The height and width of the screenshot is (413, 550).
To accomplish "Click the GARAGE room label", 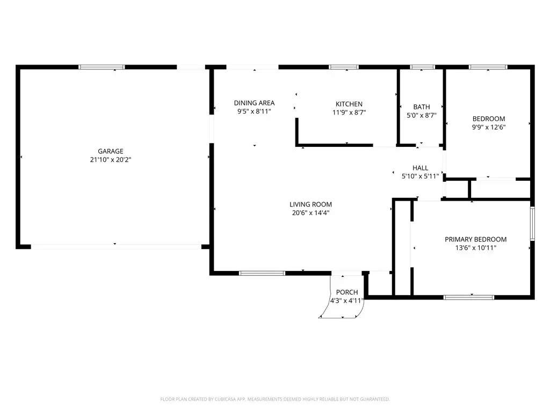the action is (x=111, y=151).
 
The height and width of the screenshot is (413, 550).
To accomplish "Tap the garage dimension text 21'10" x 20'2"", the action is (x=111, y=160).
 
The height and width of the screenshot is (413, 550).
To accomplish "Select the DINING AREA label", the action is (x=254, y=103).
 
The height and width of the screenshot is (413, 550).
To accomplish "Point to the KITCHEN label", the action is (x=349, y=104).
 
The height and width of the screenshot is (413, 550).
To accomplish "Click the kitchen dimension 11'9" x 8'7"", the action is (x=349, y=112).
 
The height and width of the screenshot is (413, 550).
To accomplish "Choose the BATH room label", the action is (x=421, y=107).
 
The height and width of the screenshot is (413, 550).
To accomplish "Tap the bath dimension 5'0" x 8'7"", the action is (x=421, y=115).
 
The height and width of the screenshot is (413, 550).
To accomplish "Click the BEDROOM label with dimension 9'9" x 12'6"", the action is (x=489, y=119).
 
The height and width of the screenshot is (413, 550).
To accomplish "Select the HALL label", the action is (x=420, y=168).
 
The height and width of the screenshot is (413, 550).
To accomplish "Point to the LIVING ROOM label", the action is (x=310, y=204).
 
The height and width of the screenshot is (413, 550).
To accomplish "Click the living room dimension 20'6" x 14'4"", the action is (x=310, y=213).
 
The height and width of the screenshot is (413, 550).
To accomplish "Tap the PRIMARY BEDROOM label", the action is (x=476, y=239).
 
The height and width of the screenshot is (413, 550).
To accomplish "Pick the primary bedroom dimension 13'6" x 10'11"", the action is (x=476, y=248).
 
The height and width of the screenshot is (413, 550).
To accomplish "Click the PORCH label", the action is (x=347, y=292).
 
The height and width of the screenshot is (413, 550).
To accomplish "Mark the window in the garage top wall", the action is (x=102, y=67).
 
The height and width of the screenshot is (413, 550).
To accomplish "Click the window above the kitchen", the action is (x=344, y=67).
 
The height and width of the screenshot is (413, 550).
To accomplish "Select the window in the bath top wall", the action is (x=422, y=67).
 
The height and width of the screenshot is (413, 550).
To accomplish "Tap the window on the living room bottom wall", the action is (x=262, y=273).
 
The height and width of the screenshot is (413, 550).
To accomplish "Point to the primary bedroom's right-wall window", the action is (x=532, y=224).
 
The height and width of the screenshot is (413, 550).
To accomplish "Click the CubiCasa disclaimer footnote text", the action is (x=275, y=400).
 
